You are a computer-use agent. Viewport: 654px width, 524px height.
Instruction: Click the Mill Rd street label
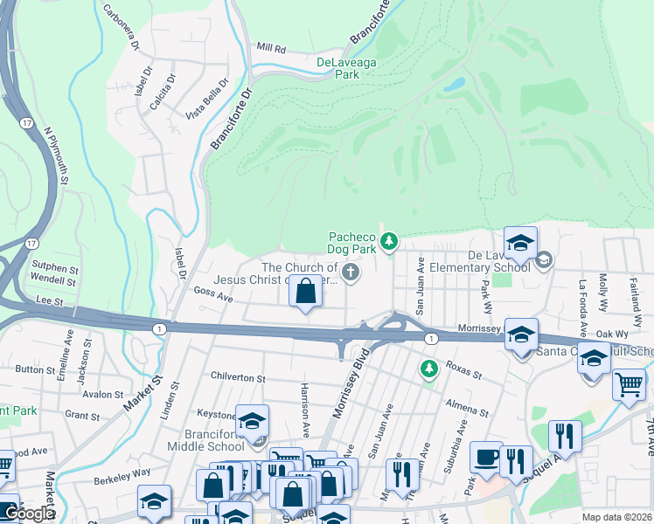[271, 50]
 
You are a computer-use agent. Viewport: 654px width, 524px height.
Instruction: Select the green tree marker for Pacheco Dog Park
[389, 240]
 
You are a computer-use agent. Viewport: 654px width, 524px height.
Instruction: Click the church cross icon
[351, 273]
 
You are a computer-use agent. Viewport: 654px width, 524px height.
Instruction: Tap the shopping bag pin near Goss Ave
[306, 291]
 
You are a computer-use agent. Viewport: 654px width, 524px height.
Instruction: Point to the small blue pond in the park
[454, 86]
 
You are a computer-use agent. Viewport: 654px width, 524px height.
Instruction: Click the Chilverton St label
[237, 378]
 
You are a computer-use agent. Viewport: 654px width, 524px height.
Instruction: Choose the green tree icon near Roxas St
[428, 369]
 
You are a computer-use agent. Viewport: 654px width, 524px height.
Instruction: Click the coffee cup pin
[486, 457]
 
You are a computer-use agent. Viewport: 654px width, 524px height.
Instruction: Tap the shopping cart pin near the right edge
[629, 383]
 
